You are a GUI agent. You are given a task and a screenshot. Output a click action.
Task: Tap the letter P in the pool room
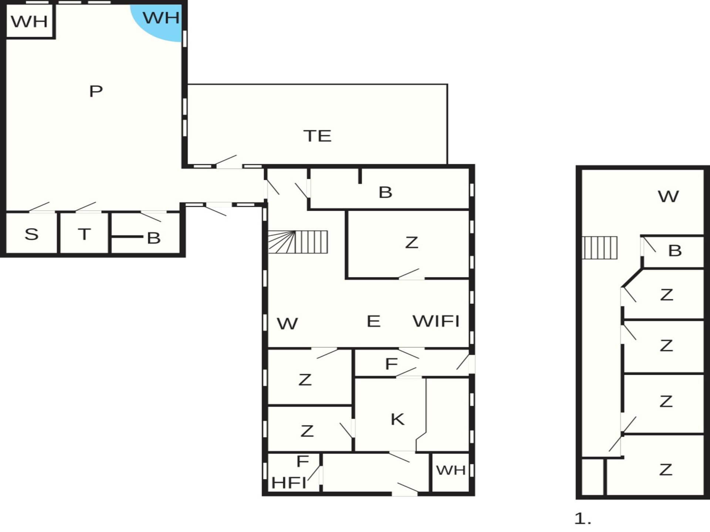click(x=96, y=91)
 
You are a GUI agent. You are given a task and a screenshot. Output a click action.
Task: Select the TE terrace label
click(x=317, y=136)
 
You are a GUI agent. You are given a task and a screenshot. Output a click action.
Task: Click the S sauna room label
click(x=31, y=234)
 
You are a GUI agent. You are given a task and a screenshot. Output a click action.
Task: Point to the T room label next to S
click(x=84, y=234)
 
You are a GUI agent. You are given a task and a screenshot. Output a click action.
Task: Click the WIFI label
click(x=436, y=321)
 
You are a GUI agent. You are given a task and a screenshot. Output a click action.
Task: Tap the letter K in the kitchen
click(x=398, y=419)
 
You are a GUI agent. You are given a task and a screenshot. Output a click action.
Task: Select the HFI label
click(x=289, y=483)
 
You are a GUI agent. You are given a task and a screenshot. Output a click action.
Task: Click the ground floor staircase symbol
click(x=298, y=242)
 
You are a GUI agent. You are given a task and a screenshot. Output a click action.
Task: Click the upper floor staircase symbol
click(x=600, y=248)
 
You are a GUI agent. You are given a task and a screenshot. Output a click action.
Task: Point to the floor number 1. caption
click(x=583, y=519)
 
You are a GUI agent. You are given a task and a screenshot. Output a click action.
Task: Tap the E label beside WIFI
click(x=373, y=321)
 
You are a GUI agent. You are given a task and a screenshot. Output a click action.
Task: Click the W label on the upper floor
click(x=668, y=197)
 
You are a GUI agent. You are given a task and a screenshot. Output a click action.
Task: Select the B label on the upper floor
click(x=675, y=251)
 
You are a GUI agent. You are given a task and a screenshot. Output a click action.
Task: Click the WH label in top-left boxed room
click(x=29, y=21)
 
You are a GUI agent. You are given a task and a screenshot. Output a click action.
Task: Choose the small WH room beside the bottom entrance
click(x=451, y=472)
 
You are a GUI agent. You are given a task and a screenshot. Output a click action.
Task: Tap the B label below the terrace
click(x=385, y=192)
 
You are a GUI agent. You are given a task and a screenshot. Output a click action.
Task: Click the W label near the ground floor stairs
click(x=287, y=324)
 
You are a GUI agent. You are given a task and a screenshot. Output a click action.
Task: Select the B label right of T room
click(x=154, y=238)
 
